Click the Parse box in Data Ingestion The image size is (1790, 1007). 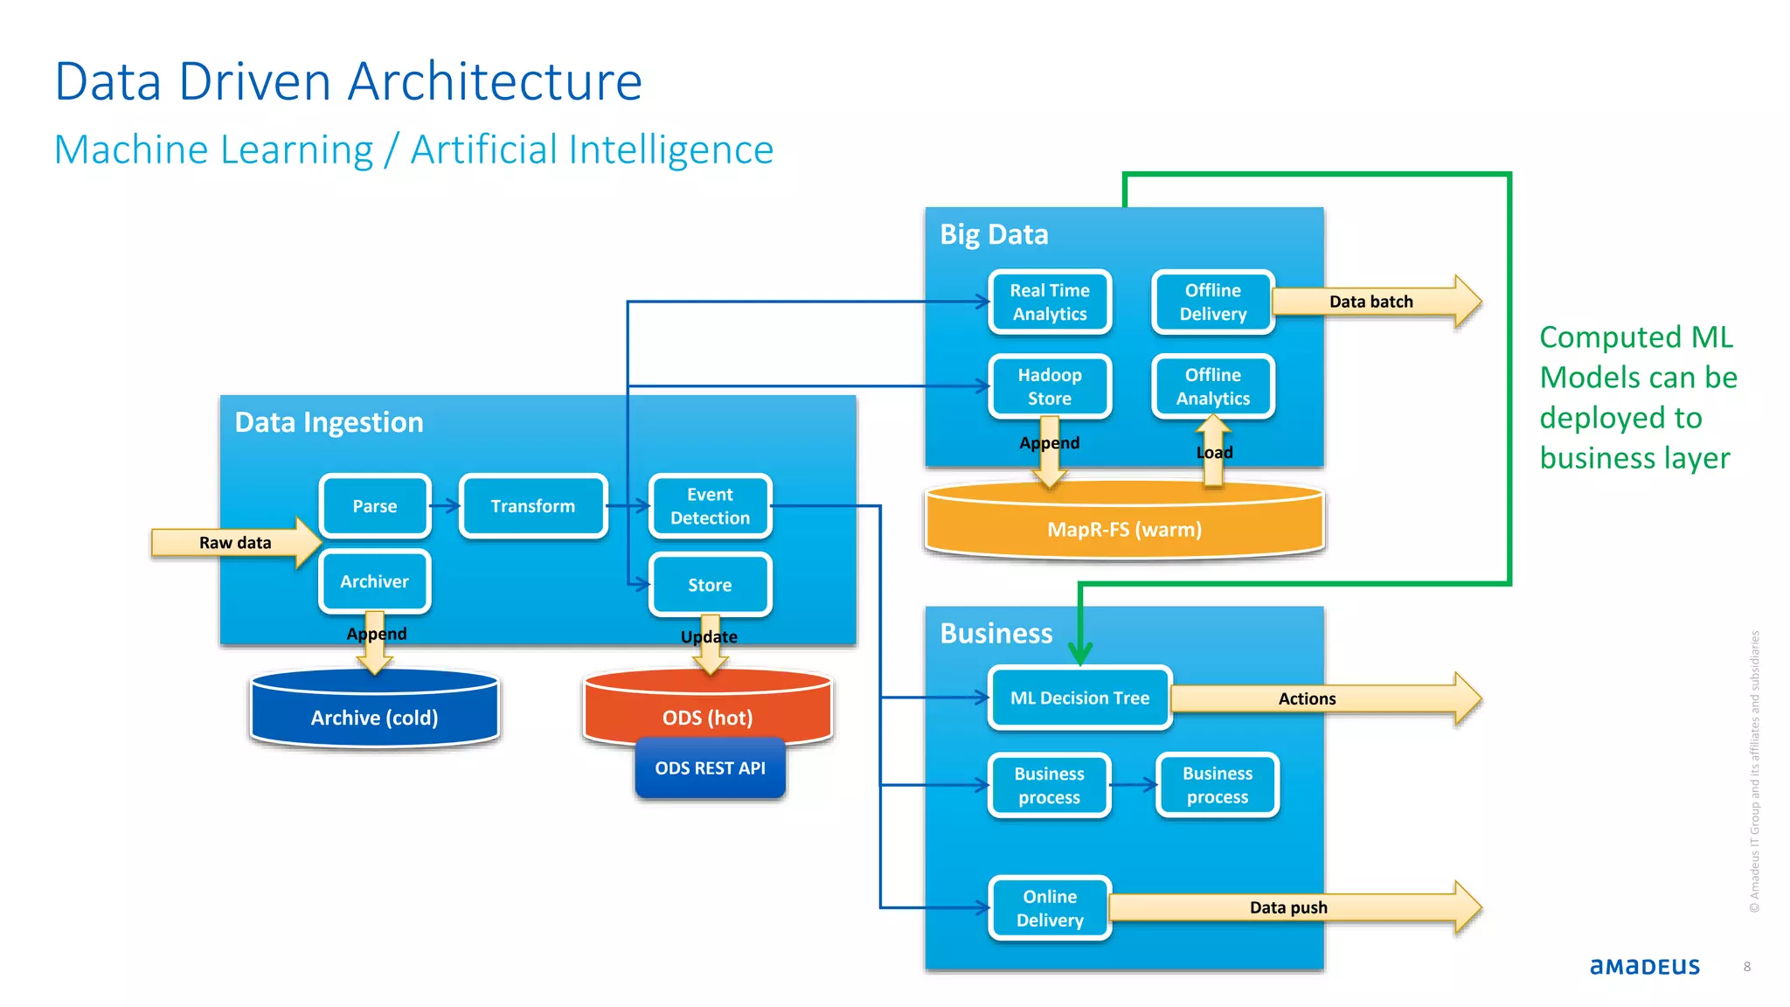click(375, 506)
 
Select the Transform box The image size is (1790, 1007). click(533, 506)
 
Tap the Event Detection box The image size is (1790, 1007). click(710, 506)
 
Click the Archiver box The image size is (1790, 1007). click(375, 581)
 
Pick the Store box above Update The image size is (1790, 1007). click(710, 585)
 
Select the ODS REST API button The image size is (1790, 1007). click(710, 768)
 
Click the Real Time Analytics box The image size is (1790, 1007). click(1050, 302)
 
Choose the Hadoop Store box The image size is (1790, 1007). click(1050, 386)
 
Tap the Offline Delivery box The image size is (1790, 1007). click(1212, 302)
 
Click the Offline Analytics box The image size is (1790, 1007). click(1212, 386)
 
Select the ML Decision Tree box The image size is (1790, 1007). click(1079, 698)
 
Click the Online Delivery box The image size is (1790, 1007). click(1050, 908)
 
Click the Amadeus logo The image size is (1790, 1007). click(1644, 966)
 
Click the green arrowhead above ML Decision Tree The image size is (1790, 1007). click(1080, 653)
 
